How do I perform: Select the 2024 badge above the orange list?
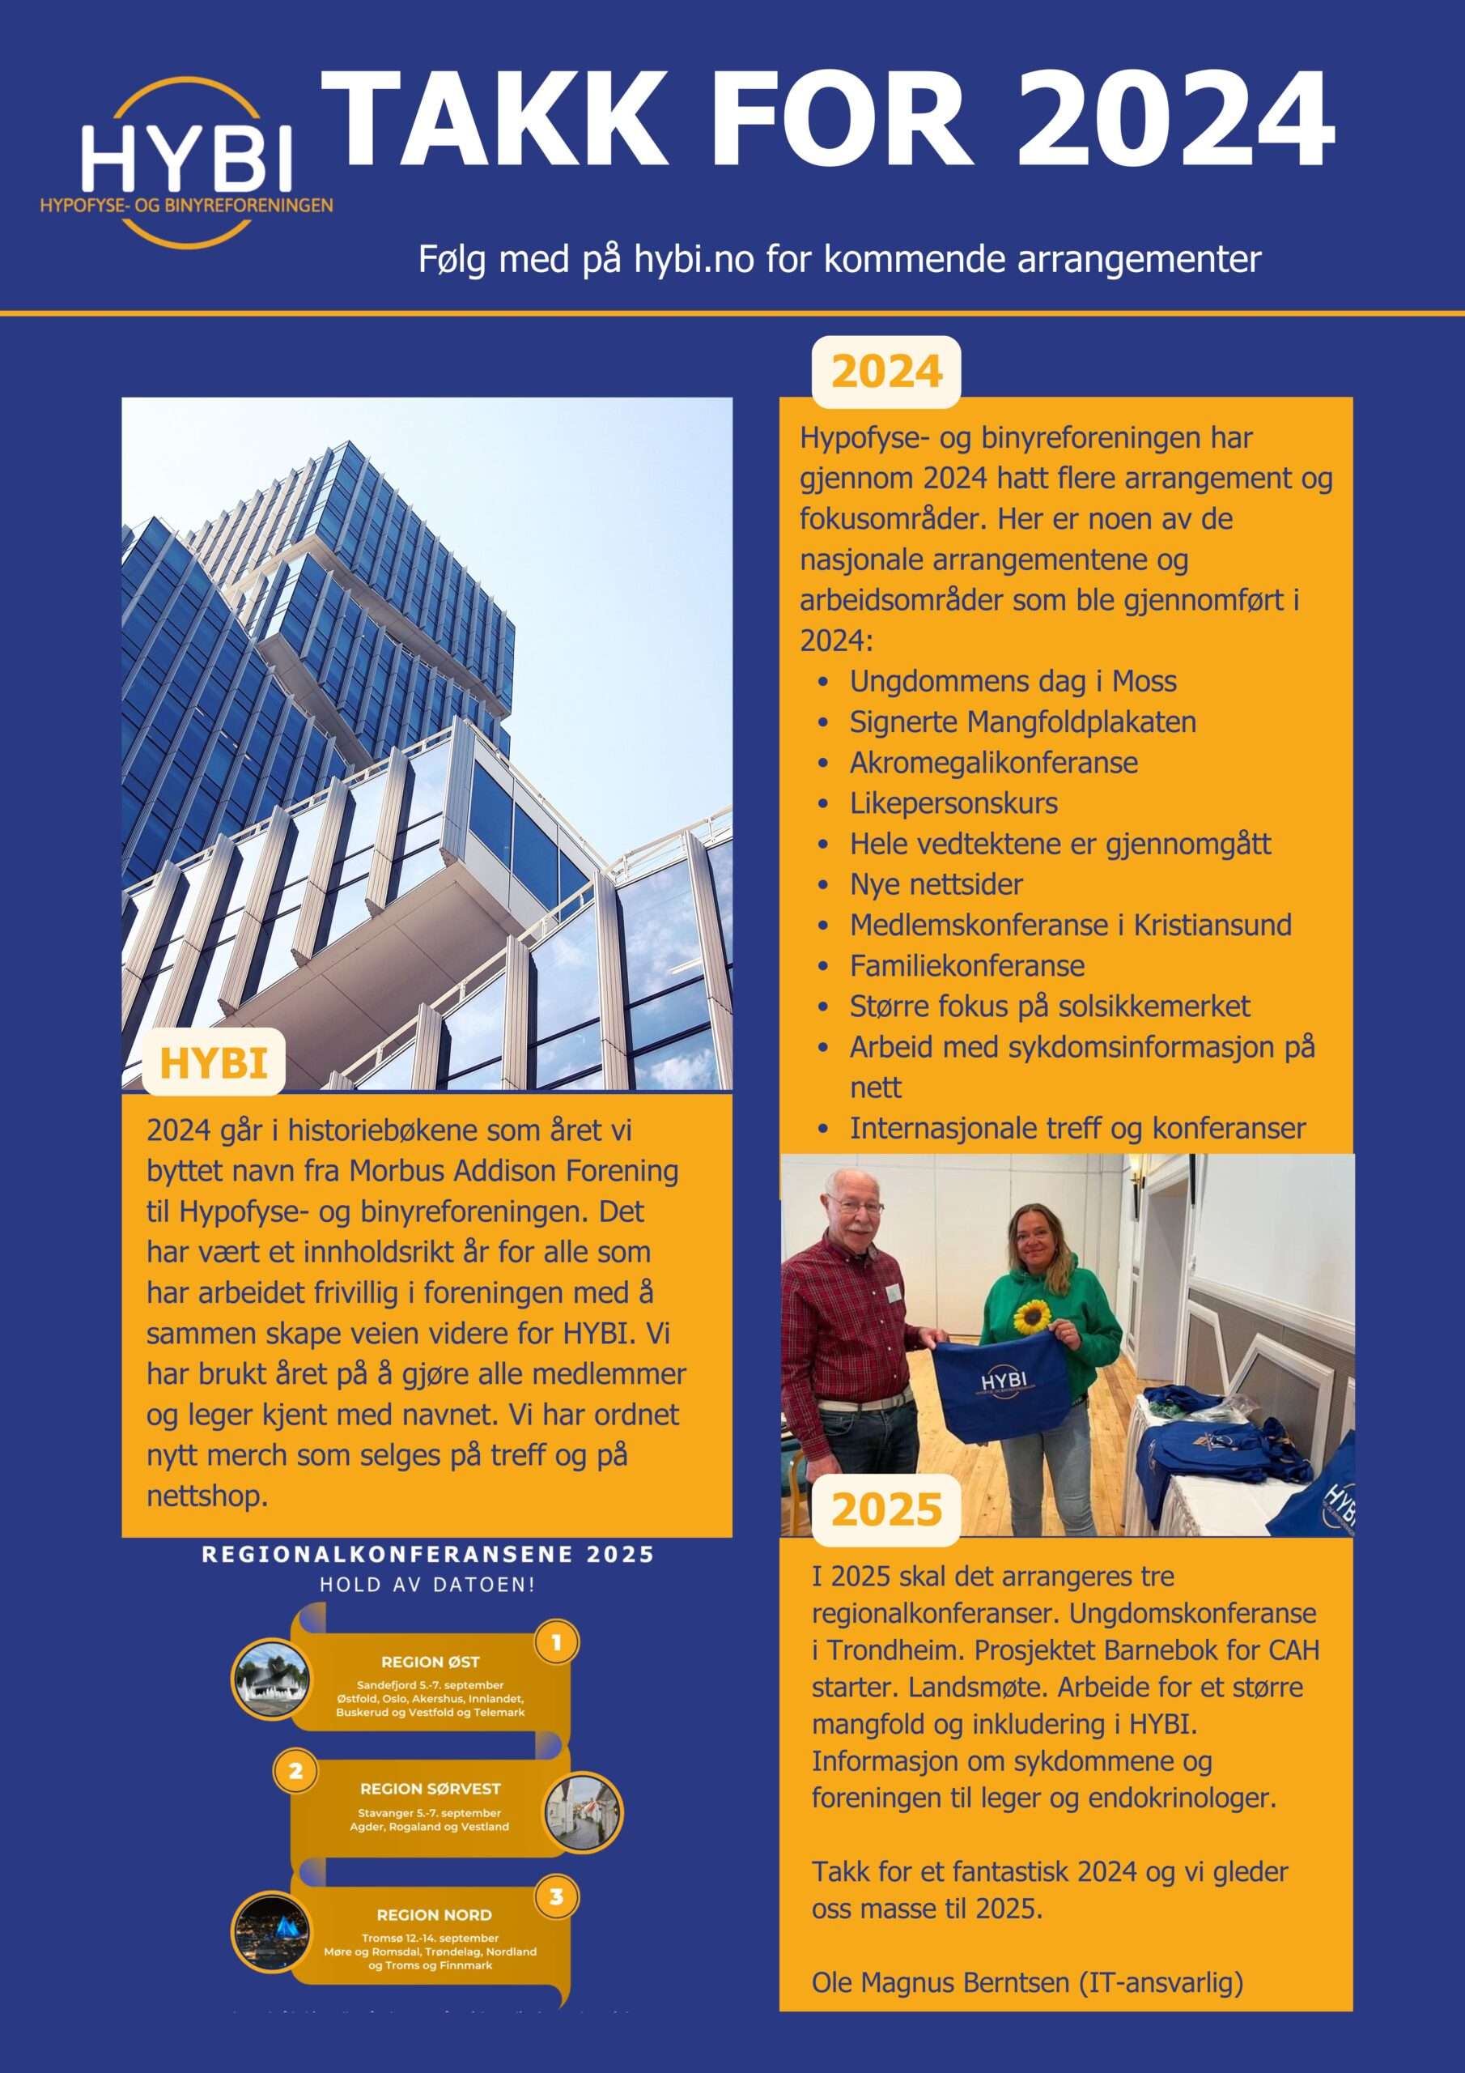tap(885, 372)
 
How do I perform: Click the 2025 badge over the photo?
tap(885, 1509)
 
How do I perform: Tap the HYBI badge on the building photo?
tap(213, 1062)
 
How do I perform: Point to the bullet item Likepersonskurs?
tap(953, 802)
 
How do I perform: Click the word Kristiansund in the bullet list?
tap(1212, 925)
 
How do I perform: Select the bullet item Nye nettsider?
tap(936, 884)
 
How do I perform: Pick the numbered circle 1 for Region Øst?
tap(556, 1642)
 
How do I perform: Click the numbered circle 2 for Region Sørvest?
tap(295, 1772)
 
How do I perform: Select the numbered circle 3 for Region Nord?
tap(556, 1897)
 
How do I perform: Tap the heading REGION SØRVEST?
tap(430, 1789)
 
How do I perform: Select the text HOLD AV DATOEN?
tap(427, 1585)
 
